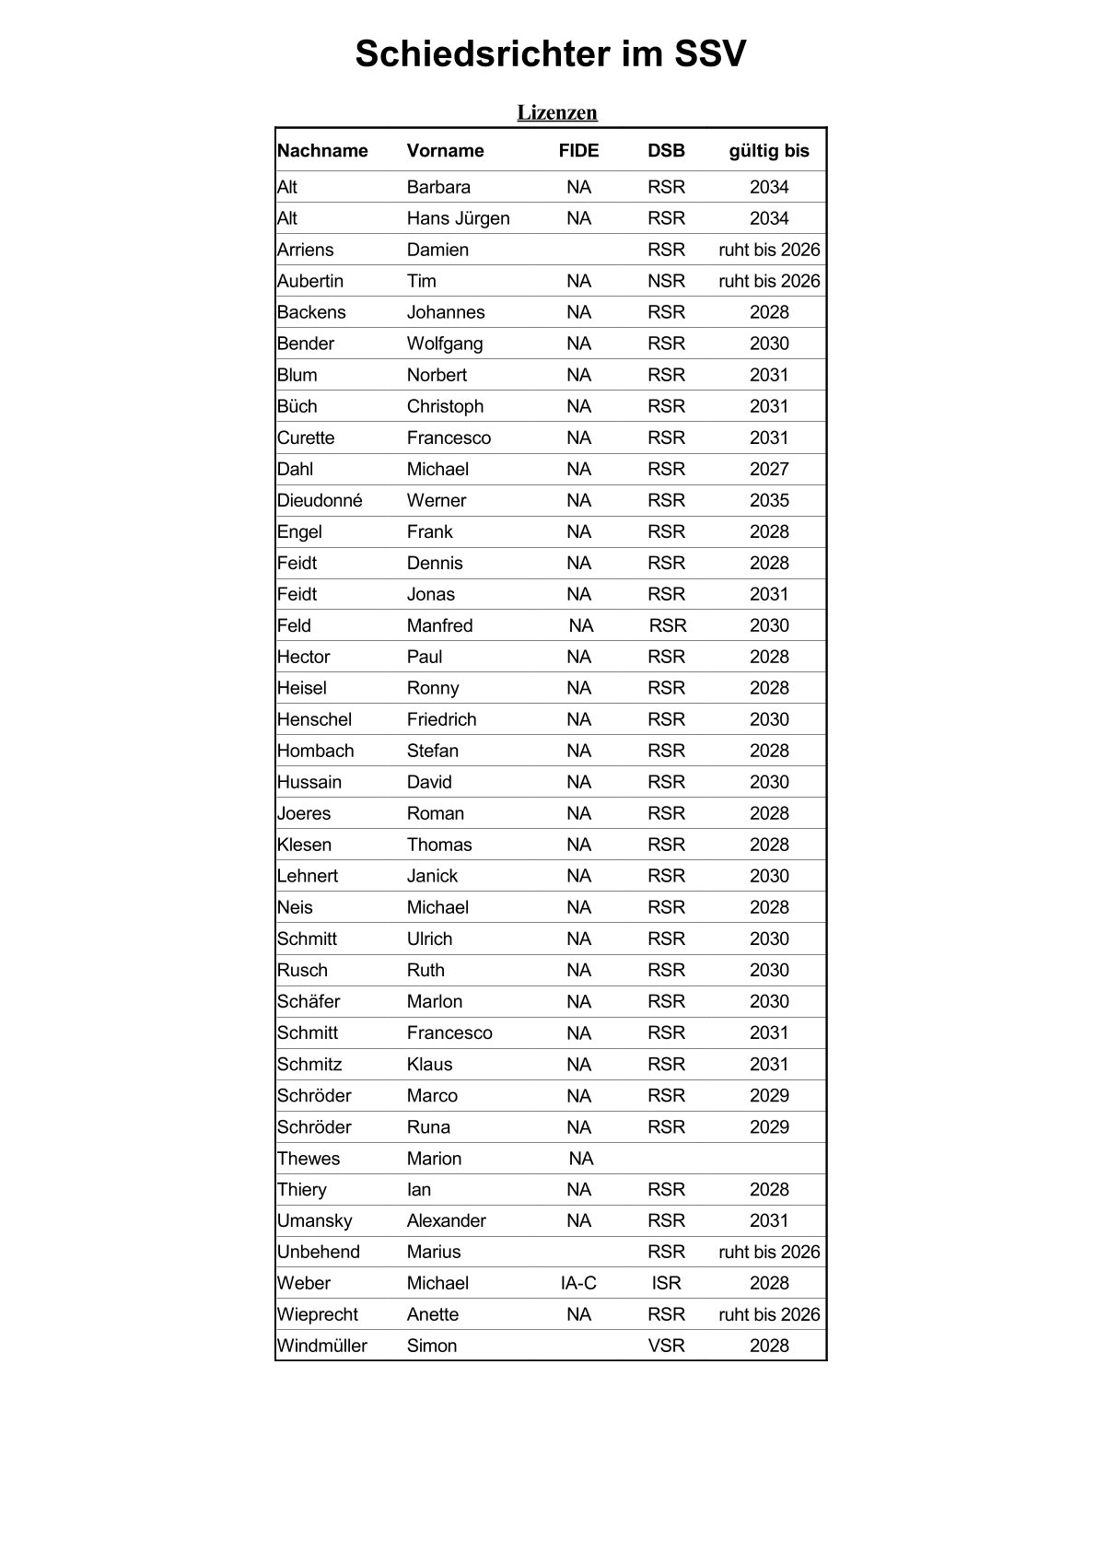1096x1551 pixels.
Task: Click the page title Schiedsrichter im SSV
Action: coord(550,54)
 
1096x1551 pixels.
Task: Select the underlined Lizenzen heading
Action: coord(557,112)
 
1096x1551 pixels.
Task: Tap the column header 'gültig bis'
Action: coord(768,151)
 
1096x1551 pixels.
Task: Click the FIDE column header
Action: coord(578,151)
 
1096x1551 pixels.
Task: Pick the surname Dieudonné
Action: coord(320,500)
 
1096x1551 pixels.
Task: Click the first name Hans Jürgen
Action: coord(458,218)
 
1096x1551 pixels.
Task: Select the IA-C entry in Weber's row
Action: coord(578,1283)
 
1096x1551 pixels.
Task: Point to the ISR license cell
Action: coord(666,1283)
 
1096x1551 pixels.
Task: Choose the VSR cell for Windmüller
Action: coord(666,1346)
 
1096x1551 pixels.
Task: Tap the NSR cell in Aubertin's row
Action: coord(666,281)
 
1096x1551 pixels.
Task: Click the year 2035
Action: coord(768,500)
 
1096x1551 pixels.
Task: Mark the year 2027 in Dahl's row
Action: coord(768,469)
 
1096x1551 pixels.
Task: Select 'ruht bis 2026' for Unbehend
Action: coord(768,1252)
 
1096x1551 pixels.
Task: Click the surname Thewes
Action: coord(309,1159)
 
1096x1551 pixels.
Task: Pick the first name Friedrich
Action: coord(441,719)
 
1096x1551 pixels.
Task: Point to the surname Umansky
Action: coord(314,1220)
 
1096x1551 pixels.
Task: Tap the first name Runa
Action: coord(428,1126)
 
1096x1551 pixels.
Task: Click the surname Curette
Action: coord(306,437)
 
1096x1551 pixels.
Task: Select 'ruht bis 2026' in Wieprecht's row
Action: coord(768,1314)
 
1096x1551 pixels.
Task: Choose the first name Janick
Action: coord(432,876)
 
